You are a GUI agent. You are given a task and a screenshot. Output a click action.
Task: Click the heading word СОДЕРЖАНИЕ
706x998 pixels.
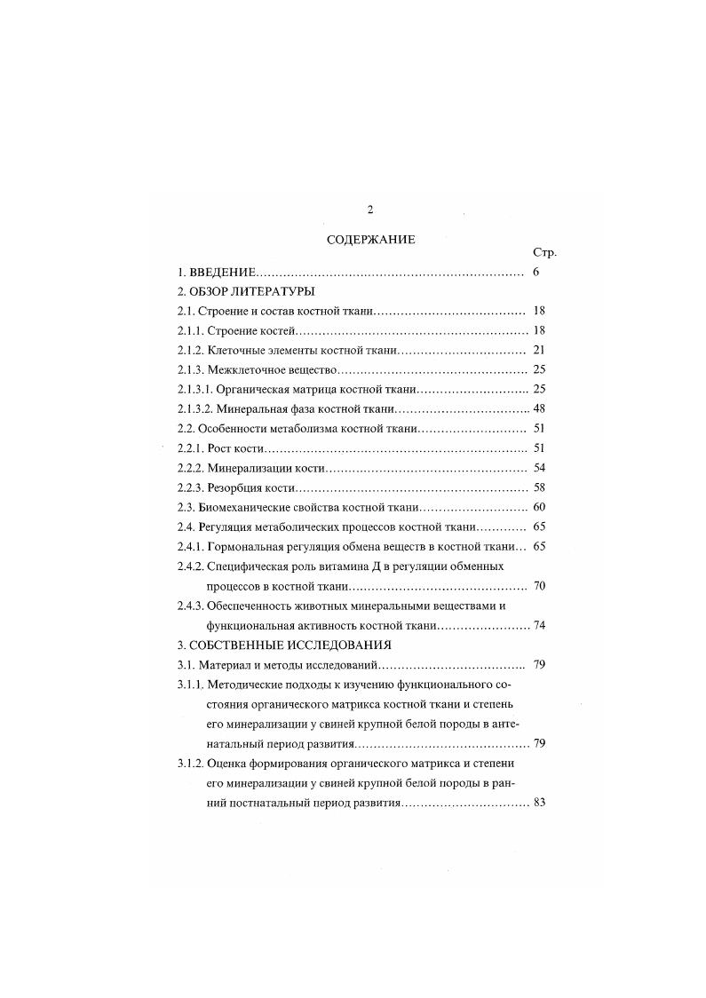364,239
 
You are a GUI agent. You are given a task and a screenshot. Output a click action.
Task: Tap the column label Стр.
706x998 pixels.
543,253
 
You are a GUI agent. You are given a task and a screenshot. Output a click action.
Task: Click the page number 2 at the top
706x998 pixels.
370,210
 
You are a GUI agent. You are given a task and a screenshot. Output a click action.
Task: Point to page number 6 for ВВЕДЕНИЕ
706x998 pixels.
537,272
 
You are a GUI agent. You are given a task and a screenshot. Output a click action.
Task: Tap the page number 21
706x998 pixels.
539,351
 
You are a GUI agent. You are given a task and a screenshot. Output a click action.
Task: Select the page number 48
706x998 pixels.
539,409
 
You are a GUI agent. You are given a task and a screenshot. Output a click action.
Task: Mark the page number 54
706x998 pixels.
539,468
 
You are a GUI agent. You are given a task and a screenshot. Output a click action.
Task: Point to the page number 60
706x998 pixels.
539,508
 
